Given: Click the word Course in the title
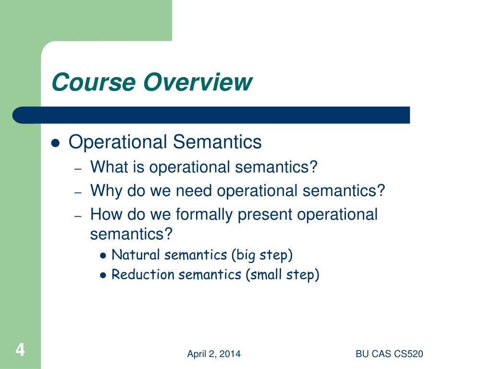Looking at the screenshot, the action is [94, 82].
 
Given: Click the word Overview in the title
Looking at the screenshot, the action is [197, 82].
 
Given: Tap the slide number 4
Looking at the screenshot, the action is [20, 350].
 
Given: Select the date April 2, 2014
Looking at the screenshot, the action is [214, 354].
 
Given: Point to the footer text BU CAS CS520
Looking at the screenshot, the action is [389, 354].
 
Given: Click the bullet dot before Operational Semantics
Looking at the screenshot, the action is [55, 143].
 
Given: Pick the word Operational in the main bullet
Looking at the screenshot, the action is [118, 142].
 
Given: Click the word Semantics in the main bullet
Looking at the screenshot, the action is [217, 142].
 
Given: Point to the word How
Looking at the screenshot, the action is [106, 214].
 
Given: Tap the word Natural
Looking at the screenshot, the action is [136, 255].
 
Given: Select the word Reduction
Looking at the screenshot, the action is [143, 274].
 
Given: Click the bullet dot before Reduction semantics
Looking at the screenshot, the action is [103, 275].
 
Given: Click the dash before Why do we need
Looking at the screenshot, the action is [78, 192].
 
